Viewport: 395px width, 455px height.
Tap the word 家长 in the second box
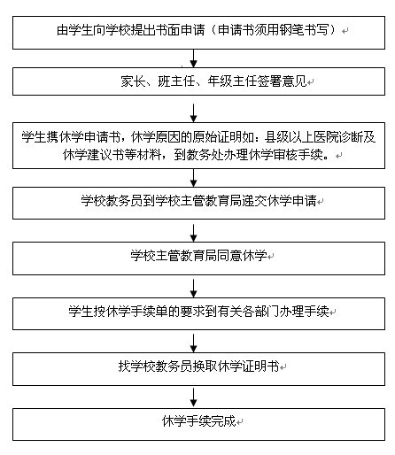tap(133, 81)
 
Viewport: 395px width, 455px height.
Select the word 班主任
tap(176, 81)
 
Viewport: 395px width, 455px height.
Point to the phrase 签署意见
tap(282, 81)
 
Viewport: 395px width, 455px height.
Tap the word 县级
tap(276, 136)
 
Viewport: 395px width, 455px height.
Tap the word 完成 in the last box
tap(223, 421)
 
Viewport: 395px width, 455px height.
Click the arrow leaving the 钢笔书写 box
tap(193, 58)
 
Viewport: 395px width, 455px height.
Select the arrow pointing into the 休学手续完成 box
tap(193, 397)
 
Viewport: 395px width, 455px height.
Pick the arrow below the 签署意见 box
tap(193, 113)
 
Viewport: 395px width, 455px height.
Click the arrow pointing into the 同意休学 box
tap(193, 233)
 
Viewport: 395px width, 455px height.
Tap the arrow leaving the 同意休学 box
tap(193, 289)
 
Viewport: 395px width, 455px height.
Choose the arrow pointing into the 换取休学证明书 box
tap(193, 343)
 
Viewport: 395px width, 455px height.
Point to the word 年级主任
tap(232, 81)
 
